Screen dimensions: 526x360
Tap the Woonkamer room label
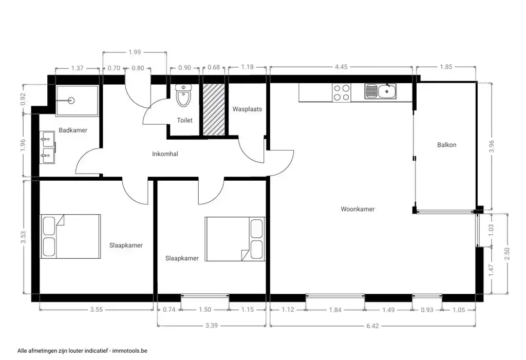(x=358, y=209)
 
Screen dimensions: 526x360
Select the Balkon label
(x=446, y=145)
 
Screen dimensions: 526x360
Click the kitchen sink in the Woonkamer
(x=381, y=91)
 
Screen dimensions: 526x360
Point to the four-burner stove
(x=341, y=92)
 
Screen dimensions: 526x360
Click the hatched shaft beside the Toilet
(x=214, y=109)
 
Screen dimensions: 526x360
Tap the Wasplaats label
(x=247, y=109)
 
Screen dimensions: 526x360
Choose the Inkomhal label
(x=165, y=154)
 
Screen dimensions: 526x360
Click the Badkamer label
(x=73, y=130)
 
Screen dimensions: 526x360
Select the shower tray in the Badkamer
(x=77, y=101)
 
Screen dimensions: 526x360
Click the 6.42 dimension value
(x=372, y=326)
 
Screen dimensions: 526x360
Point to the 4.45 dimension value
(x=341, y=67)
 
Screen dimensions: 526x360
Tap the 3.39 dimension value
(x=212, y=326)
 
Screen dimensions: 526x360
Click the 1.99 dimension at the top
(x=135, y=52)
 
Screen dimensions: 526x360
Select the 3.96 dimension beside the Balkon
(x=492, y=146)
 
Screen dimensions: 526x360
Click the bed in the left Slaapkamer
(x=70, y=236)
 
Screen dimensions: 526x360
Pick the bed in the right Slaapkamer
(x=235, y=239)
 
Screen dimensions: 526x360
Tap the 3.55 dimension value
(x=96, y=310)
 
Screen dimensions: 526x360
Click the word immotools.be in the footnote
(x=130, y=351)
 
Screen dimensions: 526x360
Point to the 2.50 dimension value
(x=507, y=254)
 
